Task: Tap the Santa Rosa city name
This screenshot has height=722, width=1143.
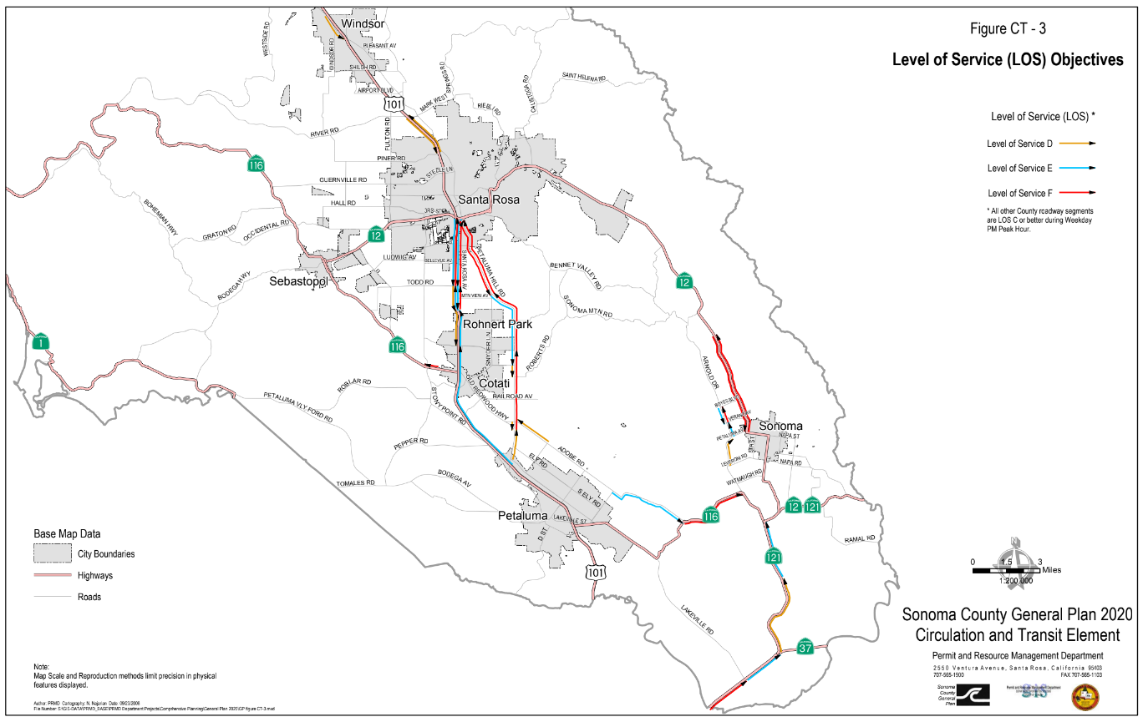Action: (489, 199)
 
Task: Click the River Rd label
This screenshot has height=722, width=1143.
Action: (324, 132)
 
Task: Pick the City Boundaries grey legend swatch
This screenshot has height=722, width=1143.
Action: (52, 553)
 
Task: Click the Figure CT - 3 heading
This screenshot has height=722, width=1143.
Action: (1008, 29)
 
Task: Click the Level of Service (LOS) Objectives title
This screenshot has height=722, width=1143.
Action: (1008, 60)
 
